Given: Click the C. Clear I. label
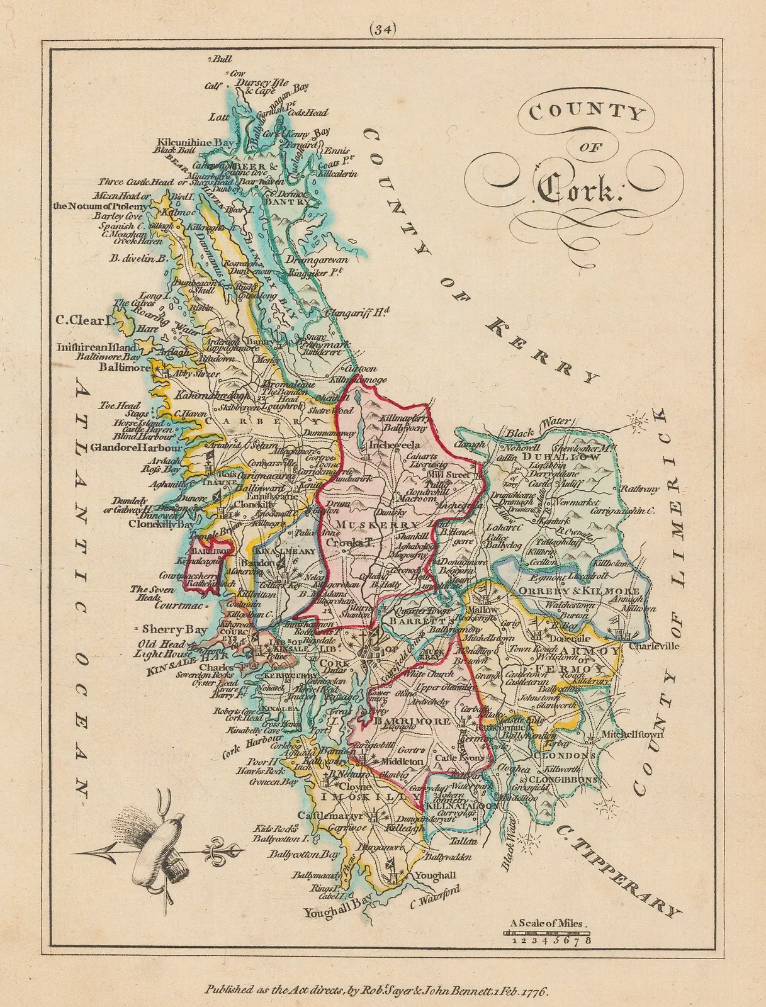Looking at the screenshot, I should (x=82, y=320).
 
